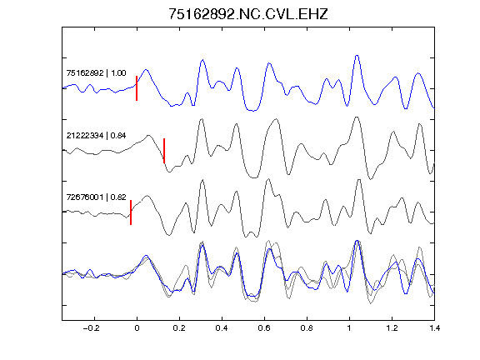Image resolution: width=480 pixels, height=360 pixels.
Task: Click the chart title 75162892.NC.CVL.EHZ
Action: tap(248, 14)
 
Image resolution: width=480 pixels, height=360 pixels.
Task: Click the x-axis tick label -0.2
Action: tap(91, 328)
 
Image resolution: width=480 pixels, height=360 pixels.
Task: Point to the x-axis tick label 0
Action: tap(137, 328)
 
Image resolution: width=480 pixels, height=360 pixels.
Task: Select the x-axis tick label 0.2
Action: tap(179, 328)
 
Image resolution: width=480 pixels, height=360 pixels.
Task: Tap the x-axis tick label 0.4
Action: tap(222, 328)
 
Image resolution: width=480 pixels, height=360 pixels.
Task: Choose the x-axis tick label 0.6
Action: tap(264, 328)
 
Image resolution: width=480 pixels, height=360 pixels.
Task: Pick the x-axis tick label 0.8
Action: tap(307, 328)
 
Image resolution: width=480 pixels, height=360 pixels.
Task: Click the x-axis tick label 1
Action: tap(349, 328)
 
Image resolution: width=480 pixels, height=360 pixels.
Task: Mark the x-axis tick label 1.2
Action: tap(392, 328)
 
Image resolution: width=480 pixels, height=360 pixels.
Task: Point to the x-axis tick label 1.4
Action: tap(434, 328)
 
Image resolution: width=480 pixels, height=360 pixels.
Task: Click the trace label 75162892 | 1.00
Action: tap(96, 73)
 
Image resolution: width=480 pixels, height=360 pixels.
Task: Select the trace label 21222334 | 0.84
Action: tap(96, 135)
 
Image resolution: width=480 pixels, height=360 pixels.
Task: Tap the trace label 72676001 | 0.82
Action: tap(96, 197)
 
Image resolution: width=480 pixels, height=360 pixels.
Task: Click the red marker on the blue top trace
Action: tap(137, 88)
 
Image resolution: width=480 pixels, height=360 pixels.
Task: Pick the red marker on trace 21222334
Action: tap(164, 151)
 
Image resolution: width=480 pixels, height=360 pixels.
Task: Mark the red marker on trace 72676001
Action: tap(131, 212)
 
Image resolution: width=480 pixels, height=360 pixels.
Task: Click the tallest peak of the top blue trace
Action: tap(357, 55)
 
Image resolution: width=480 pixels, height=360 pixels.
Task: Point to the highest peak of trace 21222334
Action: tap(356, 117)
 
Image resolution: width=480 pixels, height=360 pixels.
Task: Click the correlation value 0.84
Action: tap(118, 135)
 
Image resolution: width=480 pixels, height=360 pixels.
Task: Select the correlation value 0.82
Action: tap(118, 197)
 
